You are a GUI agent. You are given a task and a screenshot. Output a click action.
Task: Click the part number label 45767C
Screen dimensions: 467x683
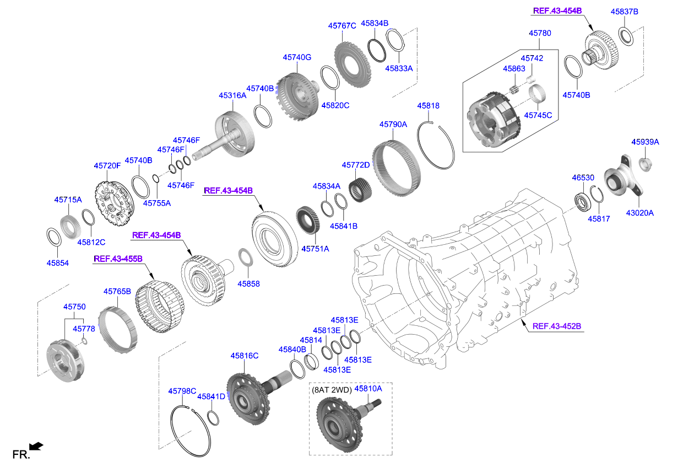(x=342, y=25)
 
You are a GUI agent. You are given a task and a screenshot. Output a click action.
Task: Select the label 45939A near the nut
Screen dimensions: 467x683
(x=645, y=142)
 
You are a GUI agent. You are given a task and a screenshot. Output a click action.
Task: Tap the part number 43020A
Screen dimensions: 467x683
(x=639, y=213)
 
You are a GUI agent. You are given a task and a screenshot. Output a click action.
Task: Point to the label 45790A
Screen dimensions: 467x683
(x=393, y=125)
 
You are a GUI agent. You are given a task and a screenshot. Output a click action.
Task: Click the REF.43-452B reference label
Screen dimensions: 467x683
(x=556, y=326)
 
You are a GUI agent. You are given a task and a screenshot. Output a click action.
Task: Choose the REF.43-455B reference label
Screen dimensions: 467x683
(x=118, y=258)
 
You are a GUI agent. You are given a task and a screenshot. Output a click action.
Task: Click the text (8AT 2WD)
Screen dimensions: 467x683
(x=332, y=389)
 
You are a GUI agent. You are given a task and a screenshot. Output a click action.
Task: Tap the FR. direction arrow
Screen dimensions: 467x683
(x=36, y=446)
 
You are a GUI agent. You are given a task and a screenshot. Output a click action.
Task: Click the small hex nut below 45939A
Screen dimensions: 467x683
(x=644, y=163)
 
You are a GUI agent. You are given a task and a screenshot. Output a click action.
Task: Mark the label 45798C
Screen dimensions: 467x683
(x=182, y=391)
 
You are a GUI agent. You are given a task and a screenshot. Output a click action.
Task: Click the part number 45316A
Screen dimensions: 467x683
(x=232, y=95)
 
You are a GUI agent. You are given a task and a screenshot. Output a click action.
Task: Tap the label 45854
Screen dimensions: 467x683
(x=58, y=263)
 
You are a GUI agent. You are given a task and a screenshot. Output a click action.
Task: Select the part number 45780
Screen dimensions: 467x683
(x=540, y=33)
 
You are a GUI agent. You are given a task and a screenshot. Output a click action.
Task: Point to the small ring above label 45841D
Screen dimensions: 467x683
(x=213, y=417)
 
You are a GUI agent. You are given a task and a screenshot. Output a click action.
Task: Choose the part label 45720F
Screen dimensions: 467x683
(x=107, y=165)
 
